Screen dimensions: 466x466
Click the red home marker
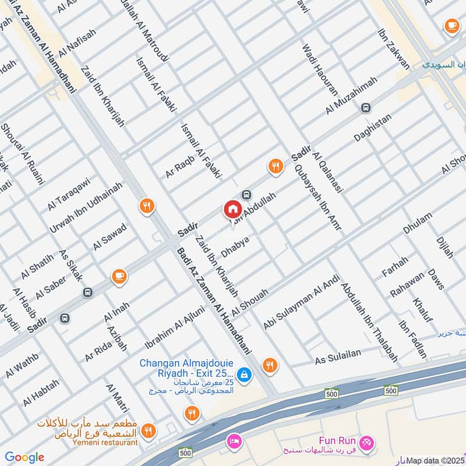(232, 209)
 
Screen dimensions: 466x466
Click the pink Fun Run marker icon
(367, 442)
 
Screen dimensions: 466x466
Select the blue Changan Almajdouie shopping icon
(245, 375)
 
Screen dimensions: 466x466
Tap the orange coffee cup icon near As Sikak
(119, 276)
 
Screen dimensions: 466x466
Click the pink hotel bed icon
(234, 440)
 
